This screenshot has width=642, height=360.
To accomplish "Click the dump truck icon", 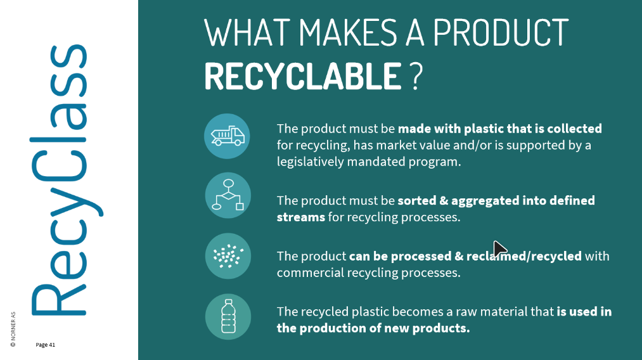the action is pos(228,136).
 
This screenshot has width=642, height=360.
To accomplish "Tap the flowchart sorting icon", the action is pos(228,195).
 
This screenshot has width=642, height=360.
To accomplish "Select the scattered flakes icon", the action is pos(228,256).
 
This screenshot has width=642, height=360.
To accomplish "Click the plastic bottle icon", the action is pos(228,316).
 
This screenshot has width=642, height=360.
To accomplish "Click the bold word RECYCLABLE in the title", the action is pos(303,76).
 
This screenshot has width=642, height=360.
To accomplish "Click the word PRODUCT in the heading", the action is pos(501,32).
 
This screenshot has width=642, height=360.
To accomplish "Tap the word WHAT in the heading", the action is pos(248,32).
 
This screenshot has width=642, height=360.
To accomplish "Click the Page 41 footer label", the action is pos(45,345).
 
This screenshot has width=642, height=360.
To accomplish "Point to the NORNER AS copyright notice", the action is pos(13,330).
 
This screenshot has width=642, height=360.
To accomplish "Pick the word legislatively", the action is pos(311,162).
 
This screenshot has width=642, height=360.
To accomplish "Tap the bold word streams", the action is pos(301,217).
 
